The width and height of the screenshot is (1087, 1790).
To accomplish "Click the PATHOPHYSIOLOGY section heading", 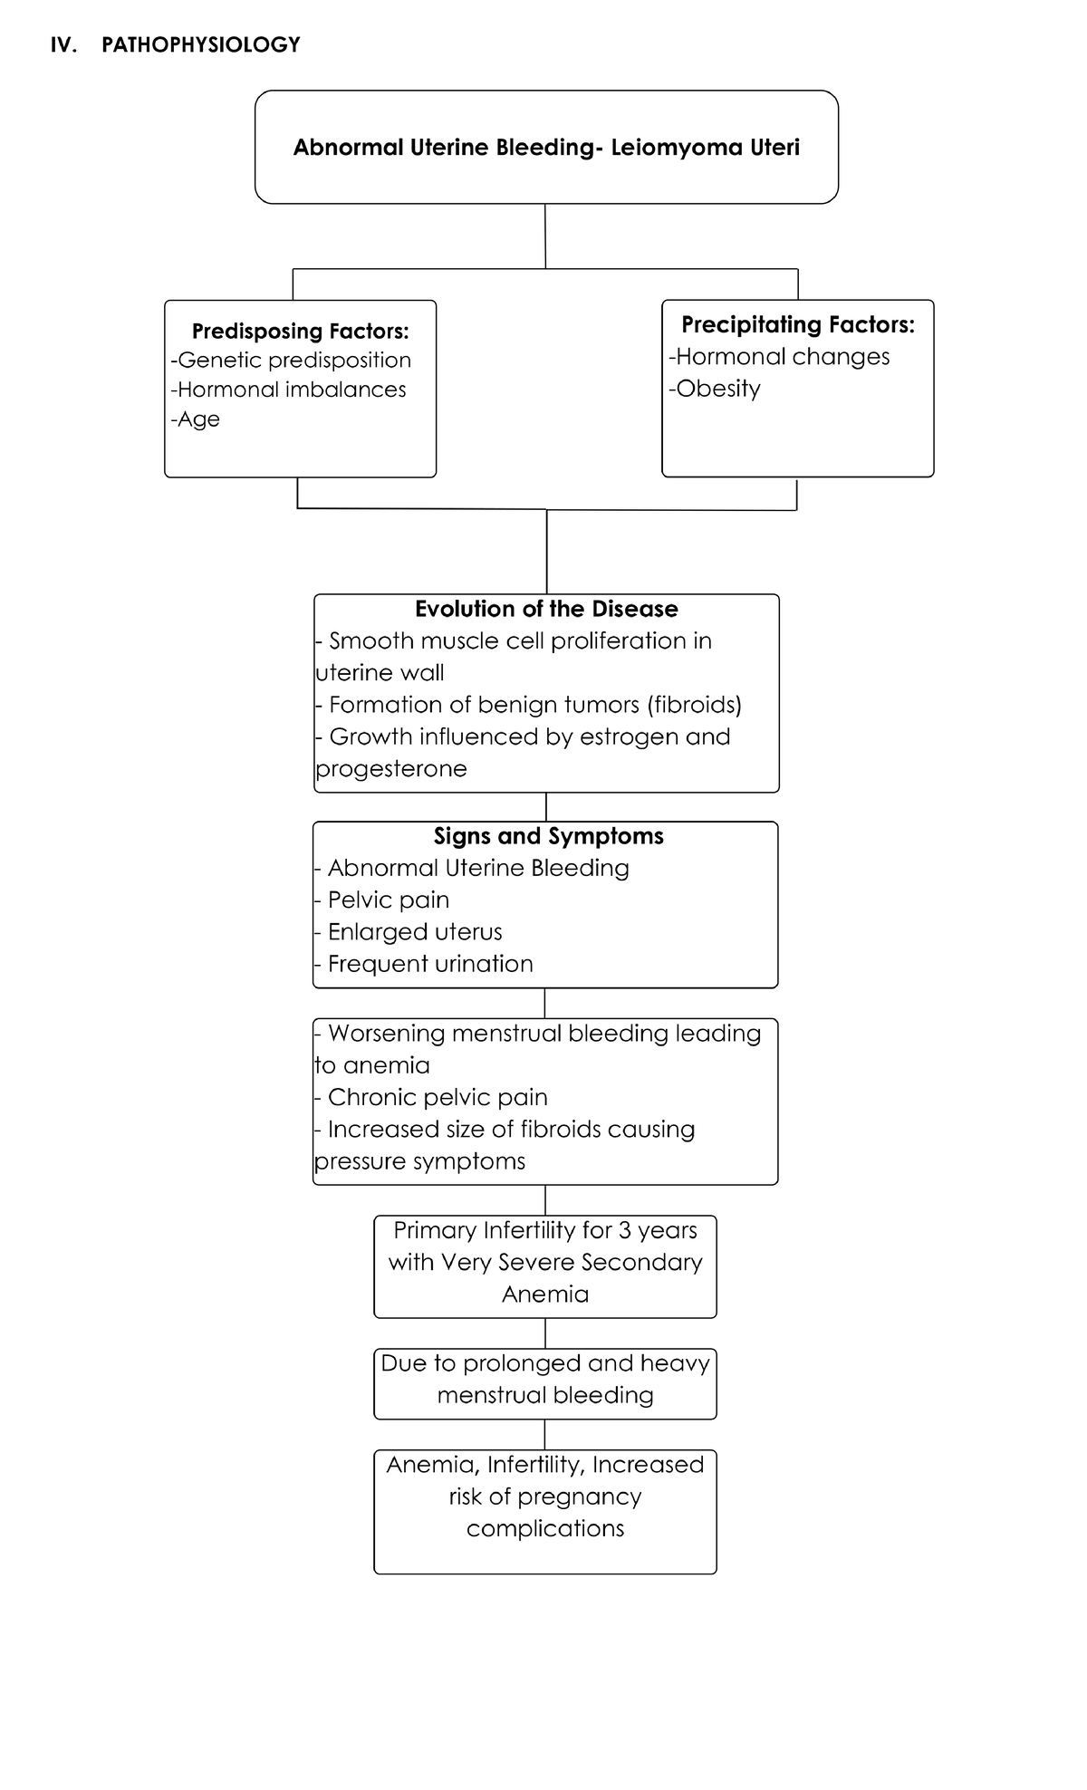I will pyautogui.click(x=200, y=45).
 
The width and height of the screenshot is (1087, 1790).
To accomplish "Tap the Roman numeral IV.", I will pyautogui.click(x=63, y=45).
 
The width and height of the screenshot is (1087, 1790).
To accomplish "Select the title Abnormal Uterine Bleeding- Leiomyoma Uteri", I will pyautogui.click(x=546, y=148).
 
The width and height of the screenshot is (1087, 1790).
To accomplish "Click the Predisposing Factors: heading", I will pyautogui.click(x=300, y=332).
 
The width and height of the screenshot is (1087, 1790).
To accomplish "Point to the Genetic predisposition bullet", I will pyautogui.click(x=292, y=361).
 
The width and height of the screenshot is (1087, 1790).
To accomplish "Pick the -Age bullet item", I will pyautogui.click(x=196, y=419).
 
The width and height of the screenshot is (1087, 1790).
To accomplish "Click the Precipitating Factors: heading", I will pyautogui.click(x=797, y=324).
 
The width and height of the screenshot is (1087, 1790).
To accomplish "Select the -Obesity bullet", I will pyautogui.click(x=715, y=389).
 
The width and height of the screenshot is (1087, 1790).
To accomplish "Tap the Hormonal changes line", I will pyautogui.click(x=780, y=357).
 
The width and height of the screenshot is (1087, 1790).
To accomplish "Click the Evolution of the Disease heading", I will pyautogui.click(x=546, y=609).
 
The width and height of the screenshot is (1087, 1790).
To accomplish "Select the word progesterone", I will pyautogui.click(x=391, y=769).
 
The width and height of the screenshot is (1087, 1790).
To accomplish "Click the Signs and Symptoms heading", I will pyautogui.click(x=548, y=836).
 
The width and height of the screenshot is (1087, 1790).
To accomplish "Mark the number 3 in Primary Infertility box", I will pyautogui.click(x=624, y=1231).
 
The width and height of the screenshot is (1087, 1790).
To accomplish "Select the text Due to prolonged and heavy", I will pyautogui.click(x=545, y=1363).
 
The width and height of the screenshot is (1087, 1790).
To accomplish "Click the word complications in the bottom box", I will pyautogui.click(x=545, y=1529).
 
